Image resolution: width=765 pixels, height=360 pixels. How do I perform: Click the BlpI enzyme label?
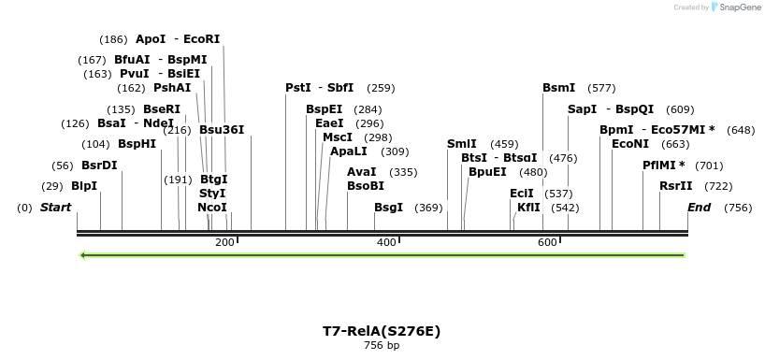(84, 186)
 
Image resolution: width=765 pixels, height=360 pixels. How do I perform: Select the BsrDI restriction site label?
(99, 166)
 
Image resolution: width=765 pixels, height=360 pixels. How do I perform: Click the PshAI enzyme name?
(172, 88)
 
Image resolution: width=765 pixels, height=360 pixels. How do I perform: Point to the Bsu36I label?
(222, 130)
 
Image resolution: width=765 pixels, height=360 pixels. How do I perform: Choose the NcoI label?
(212, 207)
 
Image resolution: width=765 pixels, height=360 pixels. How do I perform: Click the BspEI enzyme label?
(325, 108)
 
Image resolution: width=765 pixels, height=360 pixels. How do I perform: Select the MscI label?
(337, 137)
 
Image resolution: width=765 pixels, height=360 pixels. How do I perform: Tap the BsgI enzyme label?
(389, 207)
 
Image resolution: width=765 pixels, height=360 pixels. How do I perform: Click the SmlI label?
(462, 144)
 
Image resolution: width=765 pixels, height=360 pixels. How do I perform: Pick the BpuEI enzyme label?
(487, 172)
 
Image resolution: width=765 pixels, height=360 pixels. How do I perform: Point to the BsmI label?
(559, 88)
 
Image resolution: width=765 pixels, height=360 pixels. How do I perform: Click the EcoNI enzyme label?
(630, 144)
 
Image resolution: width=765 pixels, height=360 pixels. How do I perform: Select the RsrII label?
(676, 186)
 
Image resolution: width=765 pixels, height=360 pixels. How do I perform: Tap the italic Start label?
(55, 207)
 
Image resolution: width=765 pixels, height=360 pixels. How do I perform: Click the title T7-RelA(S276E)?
(382, 331)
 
